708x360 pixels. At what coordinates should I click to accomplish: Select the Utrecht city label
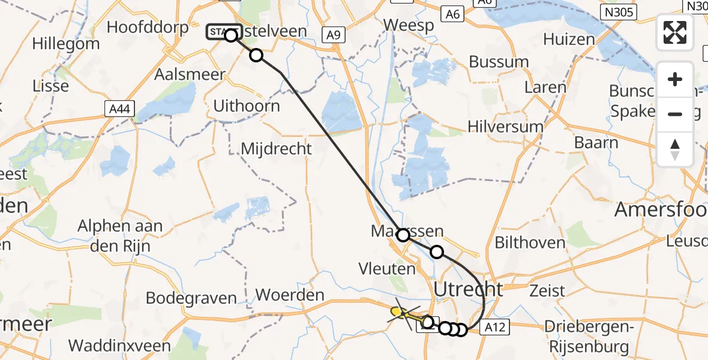tap(468, 290)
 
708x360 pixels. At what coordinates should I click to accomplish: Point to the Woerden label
tap(290, 295)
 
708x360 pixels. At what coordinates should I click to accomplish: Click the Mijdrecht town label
tap(276, 148)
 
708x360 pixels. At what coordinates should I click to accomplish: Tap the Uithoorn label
tap(247, 106)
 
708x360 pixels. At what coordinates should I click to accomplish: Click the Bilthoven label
tap(530, 243)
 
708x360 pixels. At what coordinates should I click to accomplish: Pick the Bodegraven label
tap(184, 298)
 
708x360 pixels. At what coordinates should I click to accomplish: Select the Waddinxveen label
tap(120, 346)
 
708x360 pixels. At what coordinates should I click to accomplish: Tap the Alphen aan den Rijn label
tap(121, 235)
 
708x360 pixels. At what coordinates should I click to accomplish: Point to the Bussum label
tap(499, 62)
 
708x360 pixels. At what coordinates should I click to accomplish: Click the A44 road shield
tap(119, 109)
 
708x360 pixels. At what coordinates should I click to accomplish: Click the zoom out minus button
tap(675, 114)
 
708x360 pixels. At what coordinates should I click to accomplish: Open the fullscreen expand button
tap(675, 32)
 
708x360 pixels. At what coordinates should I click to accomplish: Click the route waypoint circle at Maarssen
tap(403, 235)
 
